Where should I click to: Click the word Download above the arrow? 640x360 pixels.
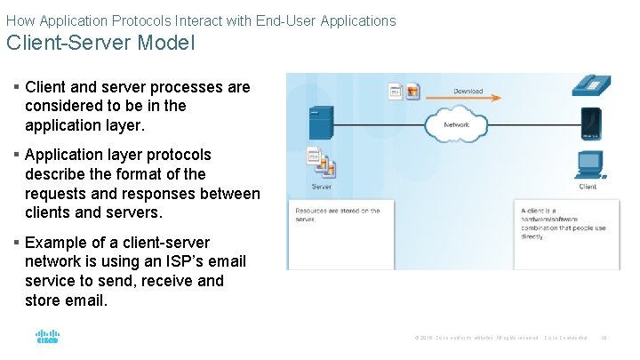pyautogui.click(x=468, y=91)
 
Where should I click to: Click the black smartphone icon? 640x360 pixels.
pyautogui.click(x=589, y=122)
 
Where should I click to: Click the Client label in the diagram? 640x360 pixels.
pyautogui.click(x=588, y=188)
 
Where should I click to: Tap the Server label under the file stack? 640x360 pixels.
pyautogui.click(x=321, y=188)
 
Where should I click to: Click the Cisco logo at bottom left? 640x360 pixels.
pyautogui.click(x=47, y=337)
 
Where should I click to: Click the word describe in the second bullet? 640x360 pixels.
pyautogui.click(x=57, y=174)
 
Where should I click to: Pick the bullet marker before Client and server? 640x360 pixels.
pyautogui.click(x=17, y=87)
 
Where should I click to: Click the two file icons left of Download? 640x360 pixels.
pyautogui.click(x=404, y=91)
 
